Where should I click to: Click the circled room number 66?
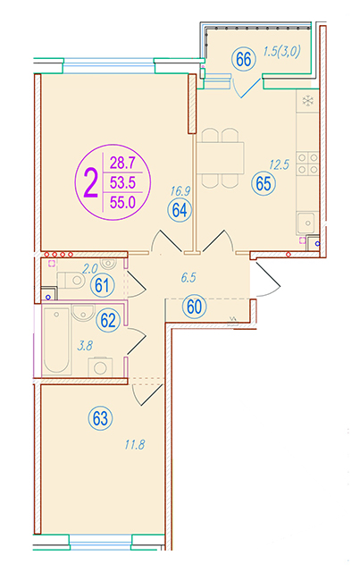243,60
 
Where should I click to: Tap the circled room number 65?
264,183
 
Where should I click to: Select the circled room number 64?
180,210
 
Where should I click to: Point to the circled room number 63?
100,418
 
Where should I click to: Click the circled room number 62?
108,320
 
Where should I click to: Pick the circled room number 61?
103,285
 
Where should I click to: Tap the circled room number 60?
194,307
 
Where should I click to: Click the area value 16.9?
180,190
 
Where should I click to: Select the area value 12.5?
279,164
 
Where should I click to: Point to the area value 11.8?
135,445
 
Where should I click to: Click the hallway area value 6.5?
188,278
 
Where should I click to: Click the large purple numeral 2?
90,183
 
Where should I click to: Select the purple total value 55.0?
122,203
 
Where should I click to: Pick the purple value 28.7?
122,163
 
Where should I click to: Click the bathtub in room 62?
56,340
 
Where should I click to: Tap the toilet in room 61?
71,280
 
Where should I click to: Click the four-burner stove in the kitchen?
308,163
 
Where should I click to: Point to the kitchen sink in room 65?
307,223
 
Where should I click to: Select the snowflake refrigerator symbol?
308,101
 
